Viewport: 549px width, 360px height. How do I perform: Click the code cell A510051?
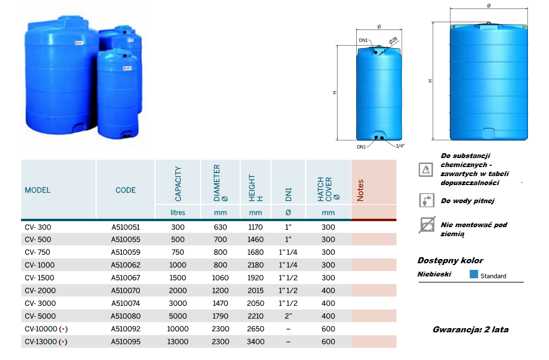click(x=126, y=227)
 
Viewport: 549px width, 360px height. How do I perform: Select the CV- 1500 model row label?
click(x=39, y=278)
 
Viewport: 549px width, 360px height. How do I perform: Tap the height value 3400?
click(x=255, y=341)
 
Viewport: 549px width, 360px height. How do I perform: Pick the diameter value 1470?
click(x=220, y=304)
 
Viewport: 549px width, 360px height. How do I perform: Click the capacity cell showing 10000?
click(x=178, y=329)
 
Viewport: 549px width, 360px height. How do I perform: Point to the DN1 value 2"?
click(x=288, y=316)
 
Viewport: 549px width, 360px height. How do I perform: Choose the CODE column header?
click(x=126, y=190)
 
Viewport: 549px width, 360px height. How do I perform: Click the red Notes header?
click(x=360, y=190)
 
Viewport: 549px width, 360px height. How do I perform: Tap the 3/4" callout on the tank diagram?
click(x=400, y=146)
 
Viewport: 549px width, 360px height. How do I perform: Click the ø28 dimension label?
click(x=393, y=41)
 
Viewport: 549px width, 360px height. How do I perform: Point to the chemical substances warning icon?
click(x=426, y=170)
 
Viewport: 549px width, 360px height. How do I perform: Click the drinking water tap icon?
click(x=426, y=200)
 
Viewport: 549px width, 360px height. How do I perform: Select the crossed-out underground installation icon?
click(x=427, y=225)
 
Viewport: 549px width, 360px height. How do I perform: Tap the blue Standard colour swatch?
click(x=474, y=274)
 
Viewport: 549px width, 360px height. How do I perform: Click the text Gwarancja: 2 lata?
click(x=470, y=329)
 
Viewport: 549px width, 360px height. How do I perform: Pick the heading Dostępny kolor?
click(x=450, y=261)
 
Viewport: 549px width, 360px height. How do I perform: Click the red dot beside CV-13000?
click(x=63, y=342)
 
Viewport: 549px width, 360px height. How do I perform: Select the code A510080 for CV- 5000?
click(x=126, y=316)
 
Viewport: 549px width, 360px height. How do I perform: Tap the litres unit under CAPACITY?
click(x=178, y=213)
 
